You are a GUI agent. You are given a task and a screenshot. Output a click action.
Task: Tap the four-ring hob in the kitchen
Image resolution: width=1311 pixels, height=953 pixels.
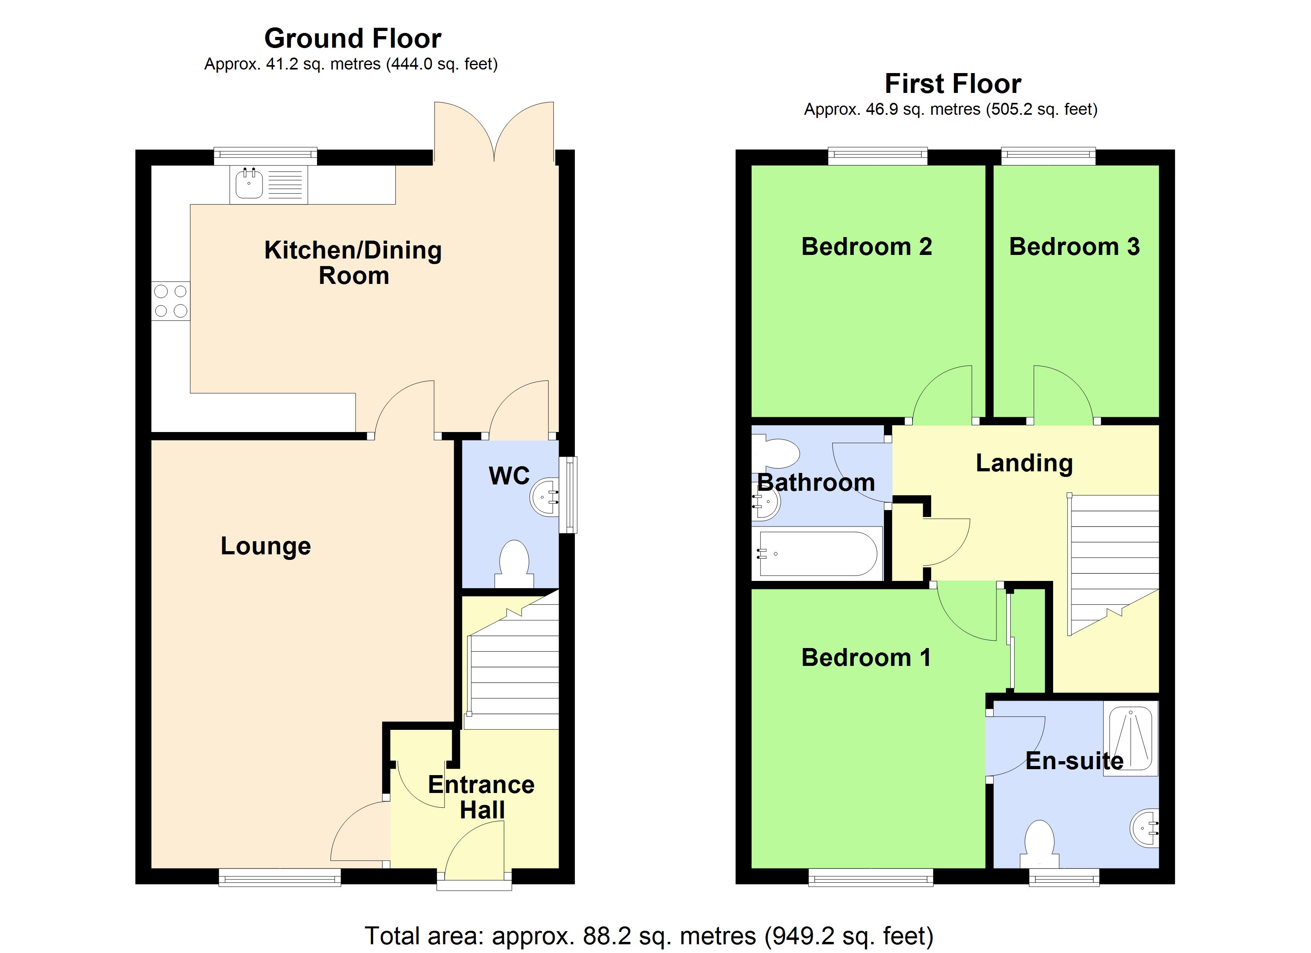pos(170,301)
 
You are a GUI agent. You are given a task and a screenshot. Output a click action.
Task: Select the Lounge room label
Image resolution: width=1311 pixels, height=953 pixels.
pos(266,546)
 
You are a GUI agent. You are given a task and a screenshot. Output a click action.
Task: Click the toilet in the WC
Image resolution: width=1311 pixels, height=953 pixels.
pos(514,563)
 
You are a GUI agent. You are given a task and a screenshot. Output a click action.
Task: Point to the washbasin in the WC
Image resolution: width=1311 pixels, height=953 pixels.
pos(544,496)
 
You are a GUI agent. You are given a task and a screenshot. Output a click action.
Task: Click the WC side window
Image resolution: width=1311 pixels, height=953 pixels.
pos(568,495)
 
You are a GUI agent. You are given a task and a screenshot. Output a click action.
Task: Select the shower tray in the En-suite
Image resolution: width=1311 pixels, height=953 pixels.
pos(1131,739)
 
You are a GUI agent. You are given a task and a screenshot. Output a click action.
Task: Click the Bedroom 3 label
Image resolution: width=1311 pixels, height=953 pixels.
pos(1074,247)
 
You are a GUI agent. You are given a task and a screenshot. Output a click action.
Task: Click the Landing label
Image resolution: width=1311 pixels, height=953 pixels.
pos(1024,463)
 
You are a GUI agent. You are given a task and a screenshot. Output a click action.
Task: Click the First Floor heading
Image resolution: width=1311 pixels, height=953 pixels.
pos(953,84)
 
